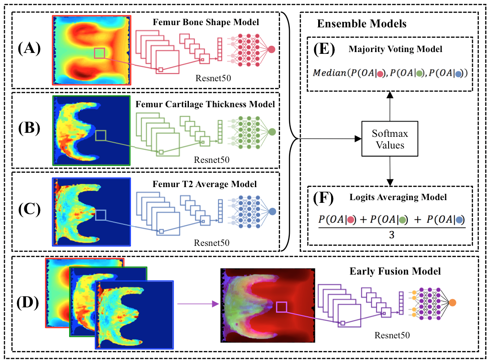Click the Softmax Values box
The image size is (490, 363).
pos(389,139)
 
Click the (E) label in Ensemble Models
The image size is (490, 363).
pos(322,50)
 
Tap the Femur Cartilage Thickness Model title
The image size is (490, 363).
pos(205,105)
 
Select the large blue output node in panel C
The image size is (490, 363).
pos(271,211)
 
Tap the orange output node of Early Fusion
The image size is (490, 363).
pos(454,302)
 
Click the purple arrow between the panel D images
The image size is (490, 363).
pos(197,304)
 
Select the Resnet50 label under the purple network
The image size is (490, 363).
pos(393,334)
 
